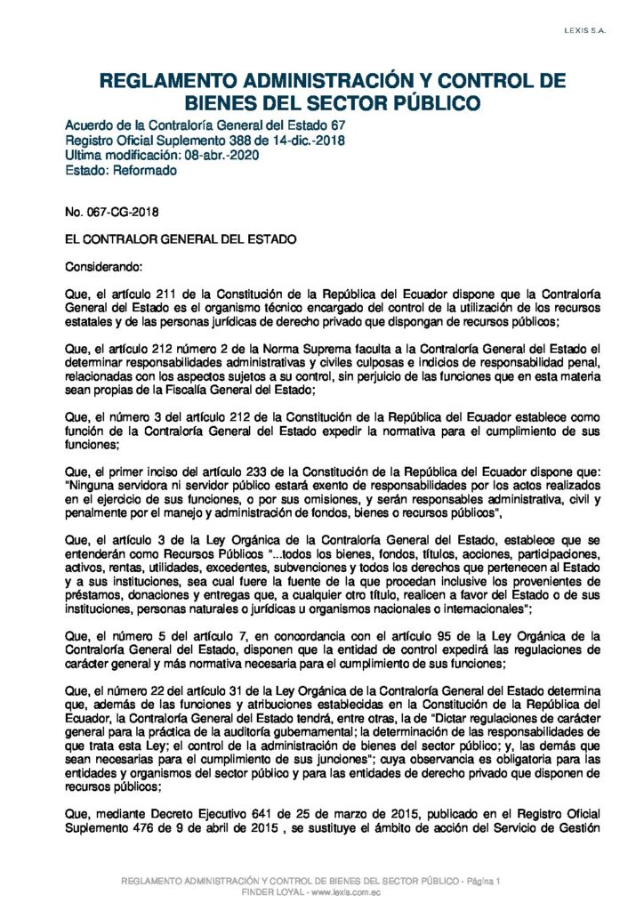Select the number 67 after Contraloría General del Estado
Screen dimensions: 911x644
point(337,126)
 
